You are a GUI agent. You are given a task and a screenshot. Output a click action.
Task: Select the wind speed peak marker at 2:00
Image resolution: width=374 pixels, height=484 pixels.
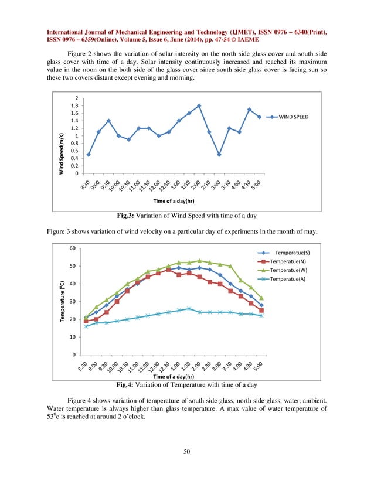[x=199, y=106]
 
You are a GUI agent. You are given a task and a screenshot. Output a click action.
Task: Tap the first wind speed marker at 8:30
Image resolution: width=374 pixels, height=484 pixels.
[x=89, y=155]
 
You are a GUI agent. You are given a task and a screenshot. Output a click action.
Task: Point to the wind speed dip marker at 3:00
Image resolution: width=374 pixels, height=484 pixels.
[x=219, y=155]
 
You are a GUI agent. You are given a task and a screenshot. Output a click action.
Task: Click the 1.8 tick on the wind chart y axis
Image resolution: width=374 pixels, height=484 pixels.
[x=76, y=105]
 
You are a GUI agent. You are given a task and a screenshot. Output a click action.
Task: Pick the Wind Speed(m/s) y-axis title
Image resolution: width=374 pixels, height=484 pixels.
[x=61, y=154]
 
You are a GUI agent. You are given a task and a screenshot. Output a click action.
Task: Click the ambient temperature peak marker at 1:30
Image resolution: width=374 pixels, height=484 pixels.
[x=189, y=308]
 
